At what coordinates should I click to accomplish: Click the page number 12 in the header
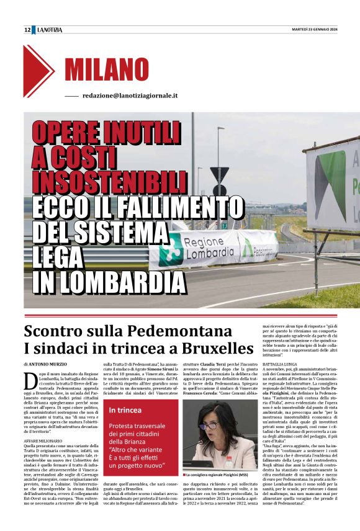28,29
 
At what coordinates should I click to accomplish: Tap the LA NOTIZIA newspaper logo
50,29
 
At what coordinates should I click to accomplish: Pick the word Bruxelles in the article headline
209,347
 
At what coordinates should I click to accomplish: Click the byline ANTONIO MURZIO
50,364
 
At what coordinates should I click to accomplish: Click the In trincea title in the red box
125,410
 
